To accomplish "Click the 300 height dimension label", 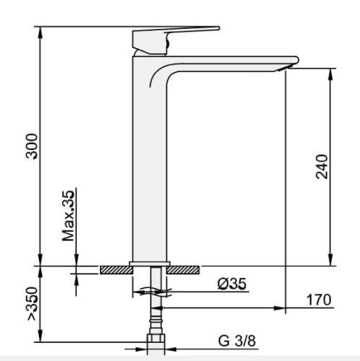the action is click(x=32, y=146).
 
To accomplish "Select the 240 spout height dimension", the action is click(x=322, y=167).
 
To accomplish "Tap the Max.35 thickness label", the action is click(x=68, y=216).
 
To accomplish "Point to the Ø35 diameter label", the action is click(x=232, y=284).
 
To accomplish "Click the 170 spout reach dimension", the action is click(x=319, y=300).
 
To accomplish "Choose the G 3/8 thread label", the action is click(x=237, y=341).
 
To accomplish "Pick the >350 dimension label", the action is click(x=32, y=304).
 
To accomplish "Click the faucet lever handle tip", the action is click(x=218, y=28).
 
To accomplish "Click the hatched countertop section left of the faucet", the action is click(x=116, y=270).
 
